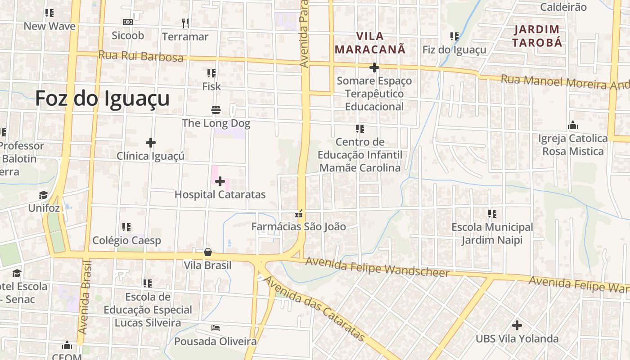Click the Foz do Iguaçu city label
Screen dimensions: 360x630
(x=103, y=99)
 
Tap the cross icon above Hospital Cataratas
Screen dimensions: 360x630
(x=220, y=181)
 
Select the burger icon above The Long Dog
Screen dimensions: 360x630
(x=216, y=110)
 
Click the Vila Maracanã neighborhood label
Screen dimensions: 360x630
(x=370, y=42)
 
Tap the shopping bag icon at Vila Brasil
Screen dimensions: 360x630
(x=207, y=252)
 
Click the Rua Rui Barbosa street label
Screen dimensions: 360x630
(x=141, y=56)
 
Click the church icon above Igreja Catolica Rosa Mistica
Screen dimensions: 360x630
(x=573, y=125)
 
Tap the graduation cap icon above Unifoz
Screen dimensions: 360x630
(x=44, y=195)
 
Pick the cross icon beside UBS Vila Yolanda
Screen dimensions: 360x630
(x=517, y=325)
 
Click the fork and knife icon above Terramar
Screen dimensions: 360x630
(x=185, y=23)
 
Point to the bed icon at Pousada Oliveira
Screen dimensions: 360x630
(x=216, y=328)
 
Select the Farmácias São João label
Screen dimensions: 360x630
(x=299, y=226)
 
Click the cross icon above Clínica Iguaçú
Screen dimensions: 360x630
(x=151, y=143)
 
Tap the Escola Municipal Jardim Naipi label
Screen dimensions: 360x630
(x=492, y=234)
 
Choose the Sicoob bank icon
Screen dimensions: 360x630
(x=128, y=22)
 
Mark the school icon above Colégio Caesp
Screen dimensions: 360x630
(x=126, y=227)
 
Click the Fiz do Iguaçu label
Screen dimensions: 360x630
(x=454, y=49)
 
